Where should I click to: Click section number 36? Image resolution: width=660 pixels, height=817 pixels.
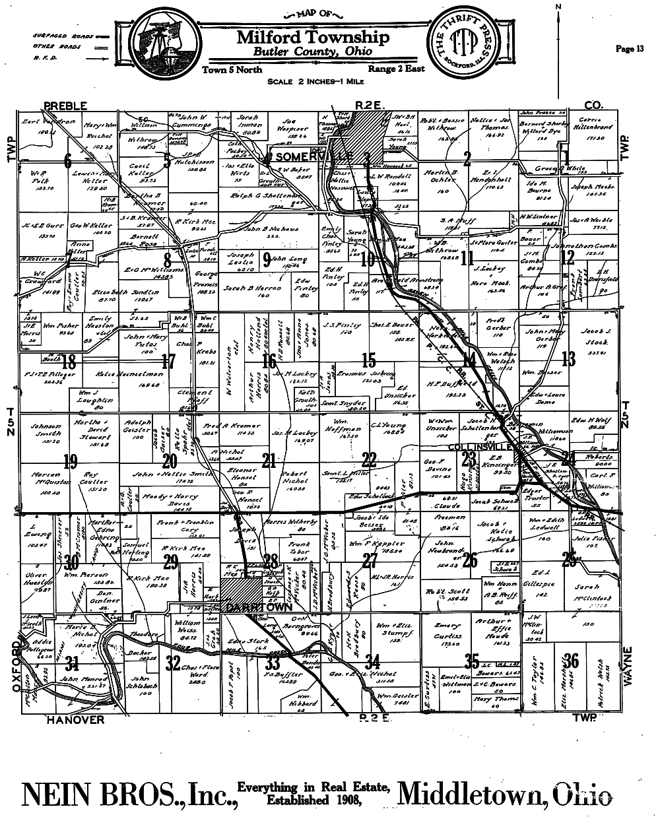[x=572, y=660]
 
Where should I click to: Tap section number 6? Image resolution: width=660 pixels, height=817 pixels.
[x=67, y=160]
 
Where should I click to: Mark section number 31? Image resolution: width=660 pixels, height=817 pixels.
[x=72, y=664]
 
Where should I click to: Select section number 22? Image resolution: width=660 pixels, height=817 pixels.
[x=370, y=460]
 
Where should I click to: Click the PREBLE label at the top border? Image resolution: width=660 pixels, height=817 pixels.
[x=66, y=105]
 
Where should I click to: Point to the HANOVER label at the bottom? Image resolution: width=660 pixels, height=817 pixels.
[x=75, y=719]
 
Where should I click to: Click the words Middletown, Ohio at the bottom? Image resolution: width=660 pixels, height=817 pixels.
[x=505, y=794]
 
